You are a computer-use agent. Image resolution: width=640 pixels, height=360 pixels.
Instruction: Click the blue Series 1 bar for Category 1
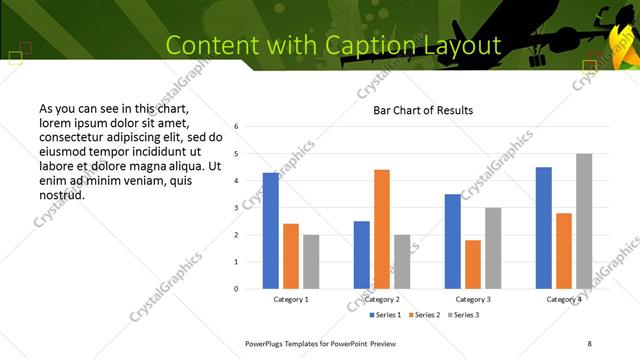pyautogui.click(x=271, y=231)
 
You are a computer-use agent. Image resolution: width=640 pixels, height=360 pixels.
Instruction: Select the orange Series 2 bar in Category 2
pyautogui.click(x=382, y=229)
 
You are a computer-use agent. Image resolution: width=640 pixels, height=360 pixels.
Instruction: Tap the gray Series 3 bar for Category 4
pyautogui.click(x=584, y=221)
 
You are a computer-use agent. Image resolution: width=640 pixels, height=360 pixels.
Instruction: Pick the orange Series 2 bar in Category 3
pyautogui.click(x=473, y=264)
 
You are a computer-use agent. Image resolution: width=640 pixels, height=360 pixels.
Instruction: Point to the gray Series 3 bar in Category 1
pyautogui.click(x=311, y=262)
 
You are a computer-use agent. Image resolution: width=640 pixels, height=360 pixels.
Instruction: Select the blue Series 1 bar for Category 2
pyautogui.click(x=362, y=255)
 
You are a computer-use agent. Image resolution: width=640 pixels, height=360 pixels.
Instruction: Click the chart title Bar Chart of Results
pyautogui.click(x=423, y=110)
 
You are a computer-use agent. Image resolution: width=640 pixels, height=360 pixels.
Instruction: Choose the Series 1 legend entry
pyautogui.click(x=386, y=315)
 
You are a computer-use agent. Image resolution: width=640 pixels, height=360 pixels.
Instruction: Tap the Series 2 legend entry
pyautogui.click(x=426, y=315)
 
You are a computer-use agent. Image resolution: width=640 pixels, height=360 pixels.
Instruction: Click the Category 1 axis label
pyautogui.click(x=291, y=299)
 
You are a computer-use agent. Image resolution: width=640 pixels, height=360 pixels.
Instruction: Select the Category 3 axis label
pyautogui.click(x=473, y=299)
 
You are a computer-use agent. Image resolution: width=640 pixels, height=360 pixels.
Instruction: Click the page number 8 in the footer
pyautogui.click(x=589, y=343)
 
